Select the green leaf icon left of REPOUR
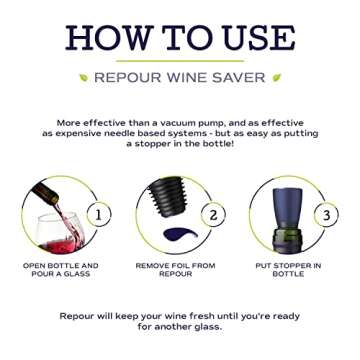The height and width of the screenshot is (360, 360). coord(84,77)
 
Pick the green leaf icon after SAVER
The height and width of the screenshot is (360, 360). coord(276,77)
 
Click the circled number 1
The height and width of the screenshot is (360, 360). coord(99,214)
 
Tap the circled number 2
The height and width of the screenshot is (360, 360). coord(212,214)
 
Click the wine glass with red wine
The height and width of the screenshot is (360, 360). coord(61,236)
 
